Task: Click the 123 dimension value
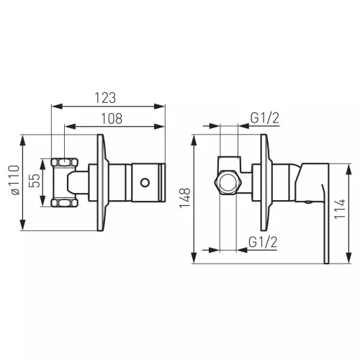click(105, 98)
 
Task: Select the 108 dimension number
click(112, 119)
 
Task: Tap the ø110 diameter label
click(14, 180)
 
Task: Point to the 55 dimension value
click(35, 181)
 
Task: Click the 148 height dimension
click(185, 198)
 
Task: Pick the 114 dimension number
click(340, 209)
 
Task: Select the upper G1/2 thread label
click(265, 118)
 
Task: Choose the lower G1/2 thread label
click(263, 242)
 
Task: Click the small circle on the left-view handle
click(145, 183)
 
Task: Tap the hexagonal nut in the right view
click(228, 183)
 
